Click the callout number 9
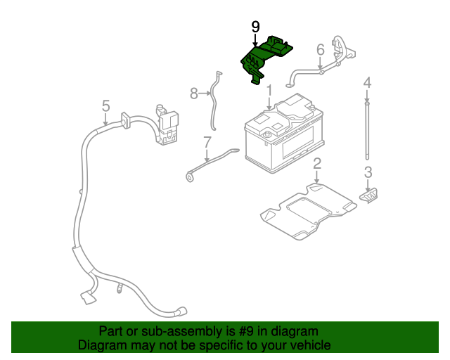pyautogui.click(x=255, y=27)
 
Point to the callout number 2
pyautogui.click(x=317, y=164)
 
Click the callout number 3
pyautogui.click(x=368, y=172)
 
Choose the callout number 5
pyautogui.click(x=105, y=105)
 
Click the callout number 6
pyautogui.click(x=320, y=49)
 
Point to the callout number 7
pyautogui.click(x=207, y=142)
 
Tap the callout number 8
pyautogui.click(x=195, y=92)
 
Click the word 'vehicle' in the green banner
pyautogui.click(x=310, y=345)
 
